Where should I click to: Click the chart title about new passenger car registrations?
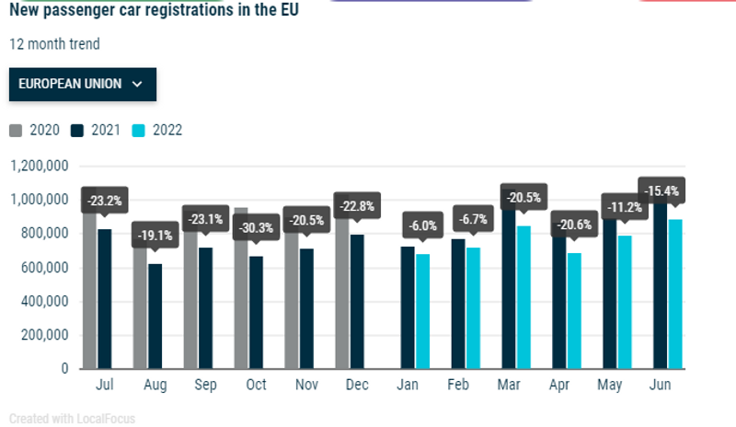click(x=155, y=12)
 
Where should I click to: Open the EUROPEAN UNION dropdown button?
click(x=82, y=84)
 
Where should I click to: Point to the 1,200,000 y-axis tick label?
click(x=40, y=167)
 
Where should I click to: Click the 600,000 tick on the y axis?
click(x=43, y=268)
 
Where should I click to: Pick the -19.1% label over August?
click(x=155, y=235)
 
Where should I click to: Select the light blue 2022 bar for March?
click(x=523, y=296)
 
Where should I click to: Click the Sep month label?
click(x=205, y=384)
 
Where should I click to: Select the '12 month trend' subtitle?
click(x=54, y=44)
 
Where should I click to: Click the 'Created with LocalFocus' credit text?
click(x=72, y=419)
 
